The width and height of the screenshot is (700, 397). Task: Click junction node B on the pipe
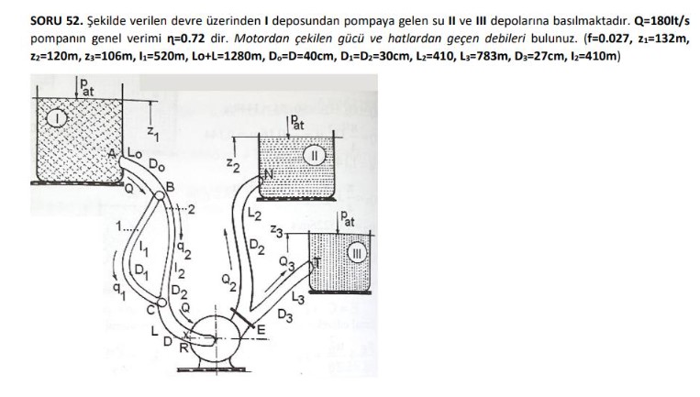168,190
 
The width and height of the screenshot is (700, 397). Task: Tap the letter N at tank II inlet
270,174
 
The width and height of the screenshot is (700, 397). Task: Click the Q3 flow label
285,265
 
